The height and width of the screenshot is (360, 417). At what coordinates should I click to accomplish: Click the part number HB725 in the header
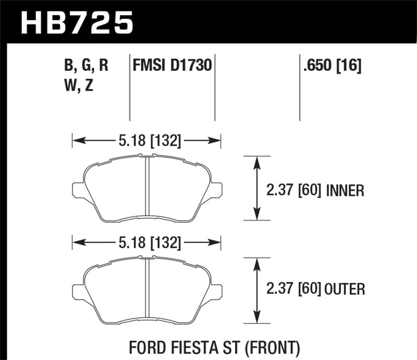pos(77,22)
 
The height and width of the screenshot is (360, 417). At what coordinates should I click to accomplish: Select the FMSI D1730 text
pos(172,66)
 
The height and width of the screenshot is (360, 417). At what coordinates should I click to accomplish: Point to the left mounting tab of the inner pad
pos(78,190)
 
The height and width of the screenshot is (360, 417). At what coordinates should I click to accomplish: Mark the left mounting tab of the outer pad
pos(78,292)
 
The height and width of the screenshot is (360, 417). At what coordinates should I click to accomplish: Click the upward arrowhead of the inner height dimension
pos(256,162)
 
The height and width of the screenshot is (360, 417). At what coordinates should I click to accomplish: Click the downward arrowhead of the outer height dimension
pos(256,317)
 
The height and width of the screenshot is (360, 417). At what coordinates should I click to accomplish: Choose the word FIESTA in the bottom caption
pos(198,346)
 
